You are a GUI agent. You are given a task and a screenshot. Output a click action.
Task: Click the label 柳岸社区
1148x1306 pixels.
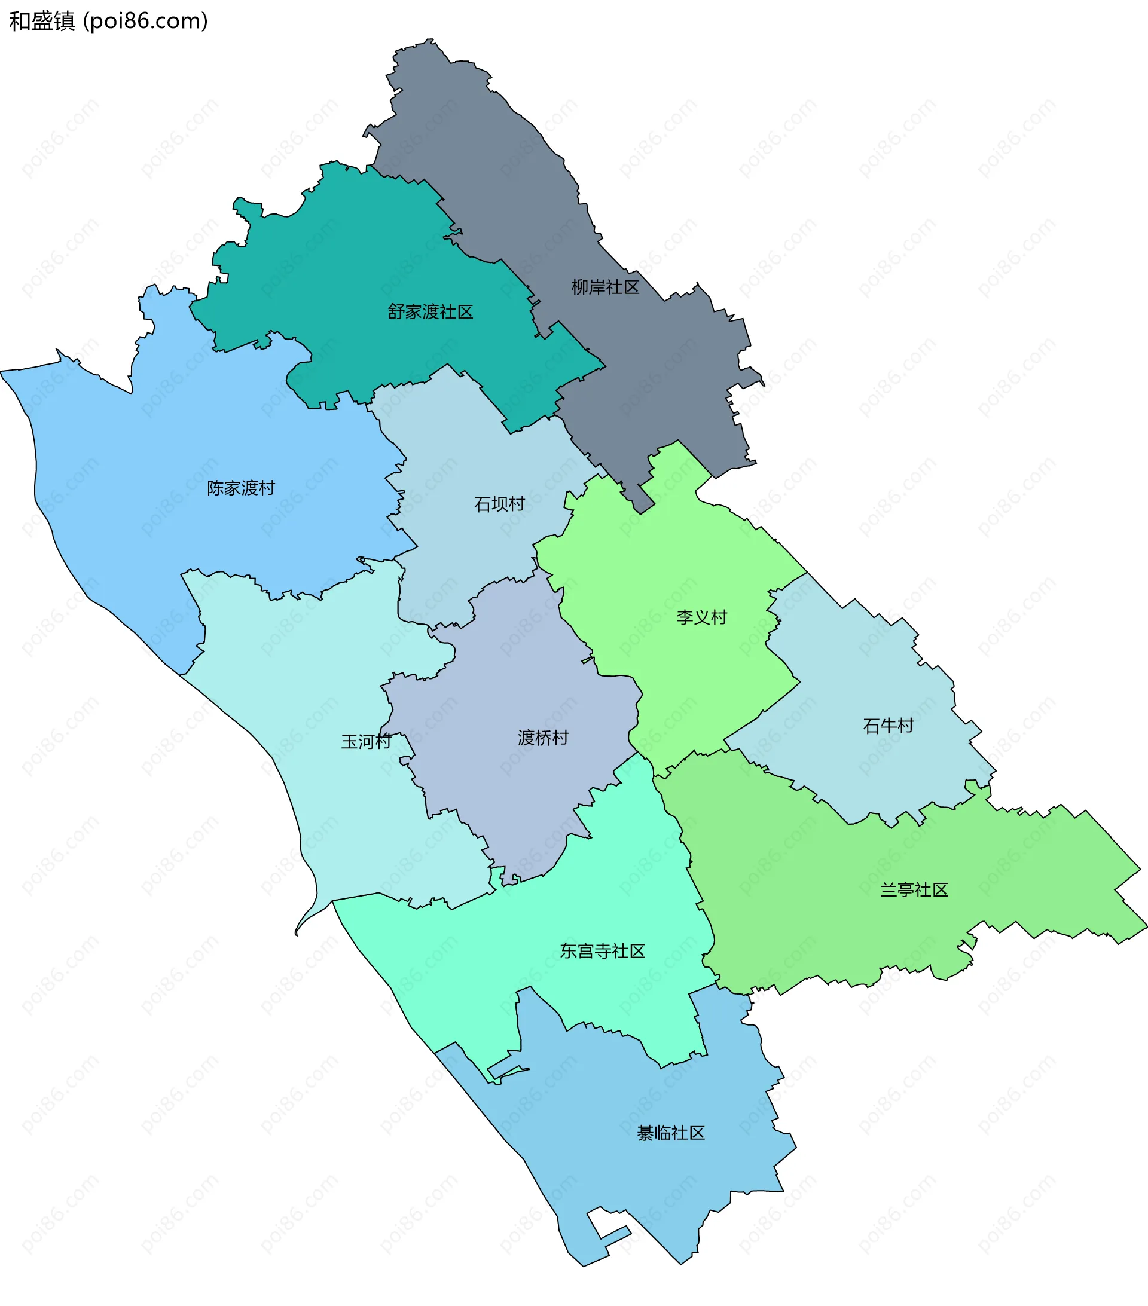[604, 287]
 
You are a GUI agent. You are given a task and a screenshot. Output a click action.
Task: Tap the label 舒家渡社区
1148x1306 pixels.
[430, 312]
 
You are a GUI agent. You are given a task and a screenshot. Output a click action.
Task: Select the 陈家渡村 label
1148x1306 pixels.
[241, 488]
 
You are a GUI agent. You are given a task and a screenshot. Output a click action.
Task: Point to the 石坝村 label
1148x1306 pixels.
[499, 504]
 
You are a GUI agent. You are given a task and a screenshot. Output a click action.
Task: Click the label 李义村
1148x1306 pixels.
[702, 617]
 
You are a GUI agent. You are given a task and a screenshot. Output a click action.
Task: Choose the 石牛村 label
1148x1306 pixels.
[889, 726]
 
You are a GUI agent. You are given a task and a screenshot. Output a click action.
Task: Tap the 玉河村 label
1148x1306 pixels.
[365, 742]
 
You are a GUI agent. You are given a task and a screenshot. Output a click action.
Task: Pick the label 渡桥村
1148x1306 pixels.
[543, 738]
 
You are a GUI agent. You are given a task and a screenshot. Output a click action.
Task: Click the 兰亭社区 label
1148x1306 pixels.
[914, 890]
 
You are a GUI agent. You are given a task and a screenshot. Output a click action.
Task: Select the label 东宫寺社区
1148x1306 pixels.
[602, 952]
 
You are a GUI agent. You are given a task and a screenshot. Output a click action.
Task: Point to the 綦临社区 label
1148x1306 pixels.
[670, 1151]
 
